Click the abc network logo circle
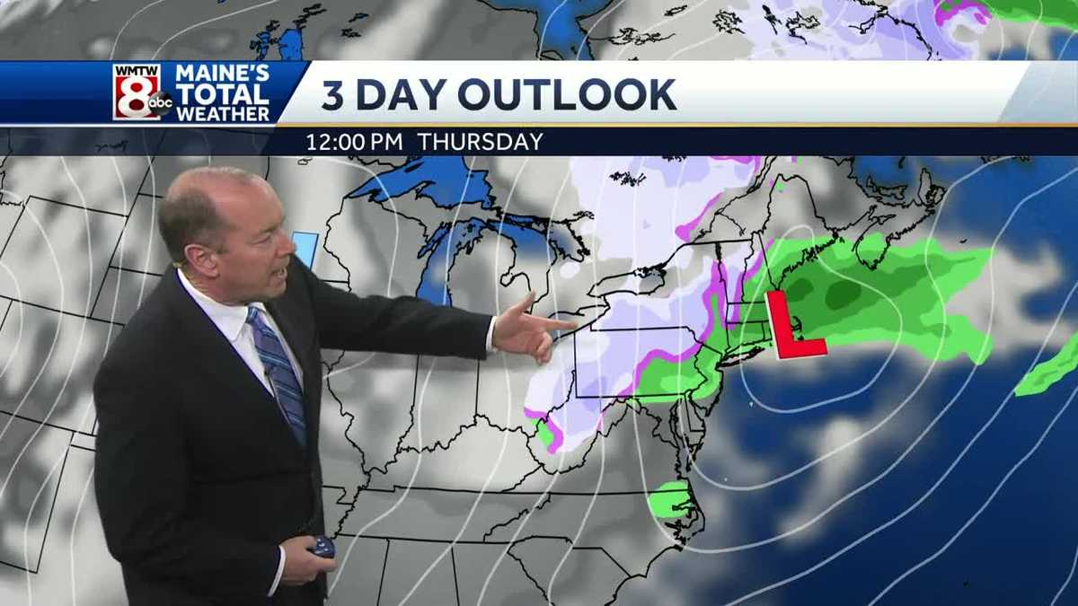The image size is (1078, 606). pyautogui.click(x=160, y=104)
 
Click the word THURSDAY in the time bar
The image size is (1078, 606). pyautogui.click(x=481, y=142)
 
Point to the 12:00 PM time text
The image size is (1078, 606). pyautogui.click(x=355, y=142)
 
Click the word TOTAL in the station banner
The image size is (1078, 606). pyautogui.click(x=222, y=94)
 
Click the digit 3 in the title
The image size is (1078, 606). pyautogui.click(x=332, y=94)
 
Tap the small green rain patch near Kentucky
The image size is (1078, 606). pyautogui.click(x=544, y=434)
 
